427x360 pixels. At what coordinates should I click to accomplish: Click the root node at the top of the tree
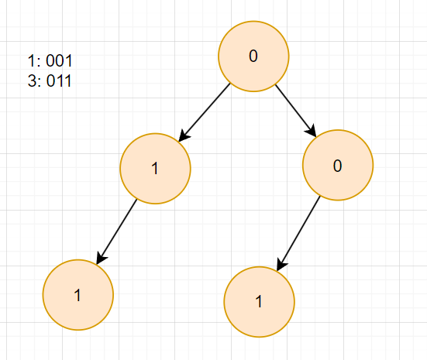[x=253, y=56]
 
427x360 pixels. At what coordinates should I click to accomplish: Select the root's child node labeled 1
[x=155, y=169]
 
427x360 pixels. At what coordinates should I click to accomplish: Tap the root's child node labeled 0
[x=338, y=165]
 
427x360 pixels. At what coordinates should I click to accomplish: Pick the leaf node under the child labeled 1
[x=78, y=295]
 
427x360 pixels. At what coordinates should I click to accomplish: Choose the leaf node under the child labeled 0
[x=260, y=302]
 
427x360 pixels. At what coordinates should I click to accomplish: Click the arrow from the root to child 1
[x=205, y=112]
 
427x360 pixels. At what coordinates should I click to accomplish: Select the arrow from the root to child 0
[x=296, y=111]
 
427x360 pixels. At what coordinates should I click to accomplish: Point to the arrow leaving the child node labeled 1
[x=116, y=231]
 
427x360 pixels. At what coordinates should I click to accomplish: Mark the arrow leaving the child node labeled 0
[x=298, y=234]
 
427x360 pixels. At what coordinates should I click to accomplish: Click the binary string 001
[x=59, y=60]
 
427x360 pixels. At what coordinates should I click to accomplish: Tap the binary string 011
[x=59, y=81]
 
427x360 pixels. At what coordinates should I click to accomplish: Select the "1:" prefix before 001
[x=34, y=60]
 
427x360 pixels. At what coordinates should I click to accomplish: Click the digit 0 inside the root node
[x=253, y=56]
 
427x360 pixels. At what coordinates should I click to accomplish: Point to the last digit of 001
[x=69, y=60]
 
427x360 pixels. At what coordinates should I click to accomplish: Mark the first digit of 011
[x=50, y=81]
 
